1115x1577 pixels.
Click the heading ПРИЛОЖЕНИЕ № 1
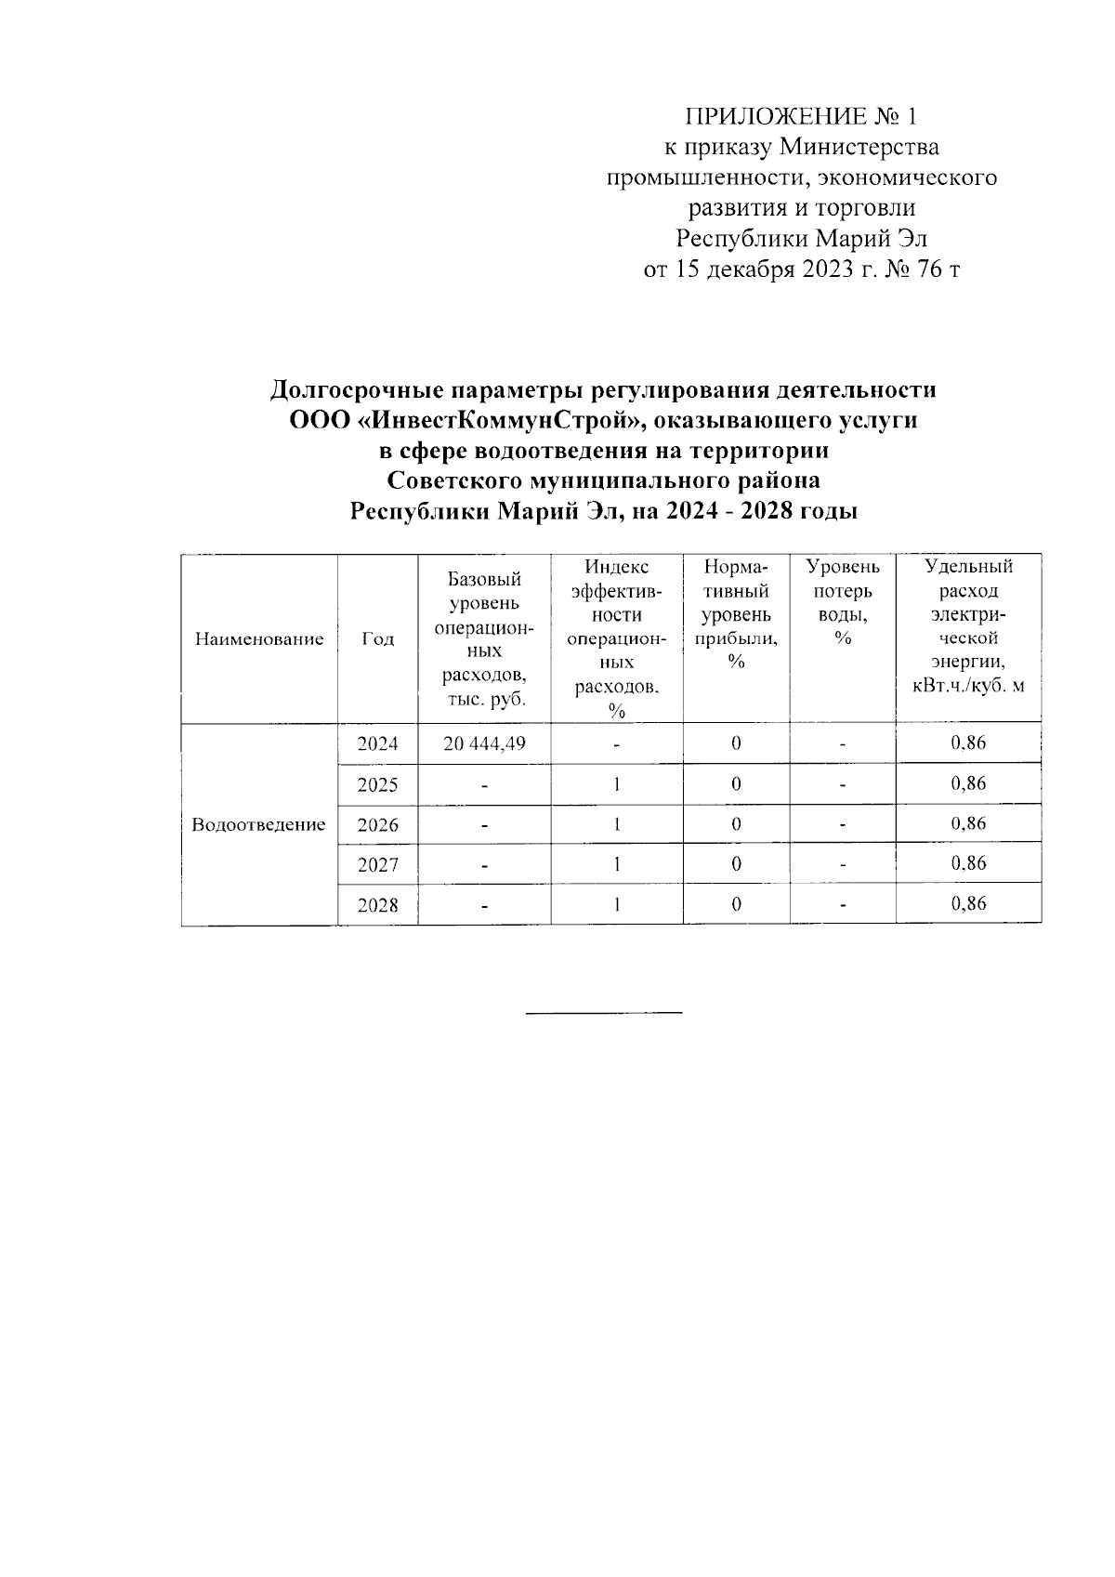(x=800, y=117)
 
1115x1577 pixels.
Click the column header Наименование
(x=259, y=639)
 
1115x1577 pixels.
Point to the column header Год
(x=377, y=639)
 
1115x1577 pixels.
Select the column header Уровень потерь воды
(x=843, y=601)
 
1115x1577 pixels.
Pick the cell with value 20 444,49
(x=484, y=743)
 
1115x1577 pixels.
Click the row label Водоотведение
(x=258, y=824)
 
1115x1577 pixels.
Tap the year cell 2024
(x=377, y=743)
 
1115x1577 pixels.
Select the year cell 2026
(x=377, y=824)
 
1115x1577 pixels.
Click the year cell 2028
(x=377, y=905)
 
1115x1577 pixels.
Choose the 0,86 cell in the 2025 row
(x=968, y=783)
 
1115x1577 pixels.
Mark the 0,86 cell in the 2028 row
(x=968, y=903)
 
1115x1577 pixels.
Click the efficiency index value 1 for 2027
(x=616, y=864)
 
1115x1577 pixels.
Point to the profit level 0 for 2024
(x=736, y=743)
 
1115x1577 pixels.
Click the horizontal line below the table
(x=604, y=1011)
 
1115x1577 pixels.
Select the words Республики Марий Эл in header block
(x=801, y=240)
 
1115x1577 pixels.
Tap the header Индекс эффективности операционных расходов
(x=616, y=638)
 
